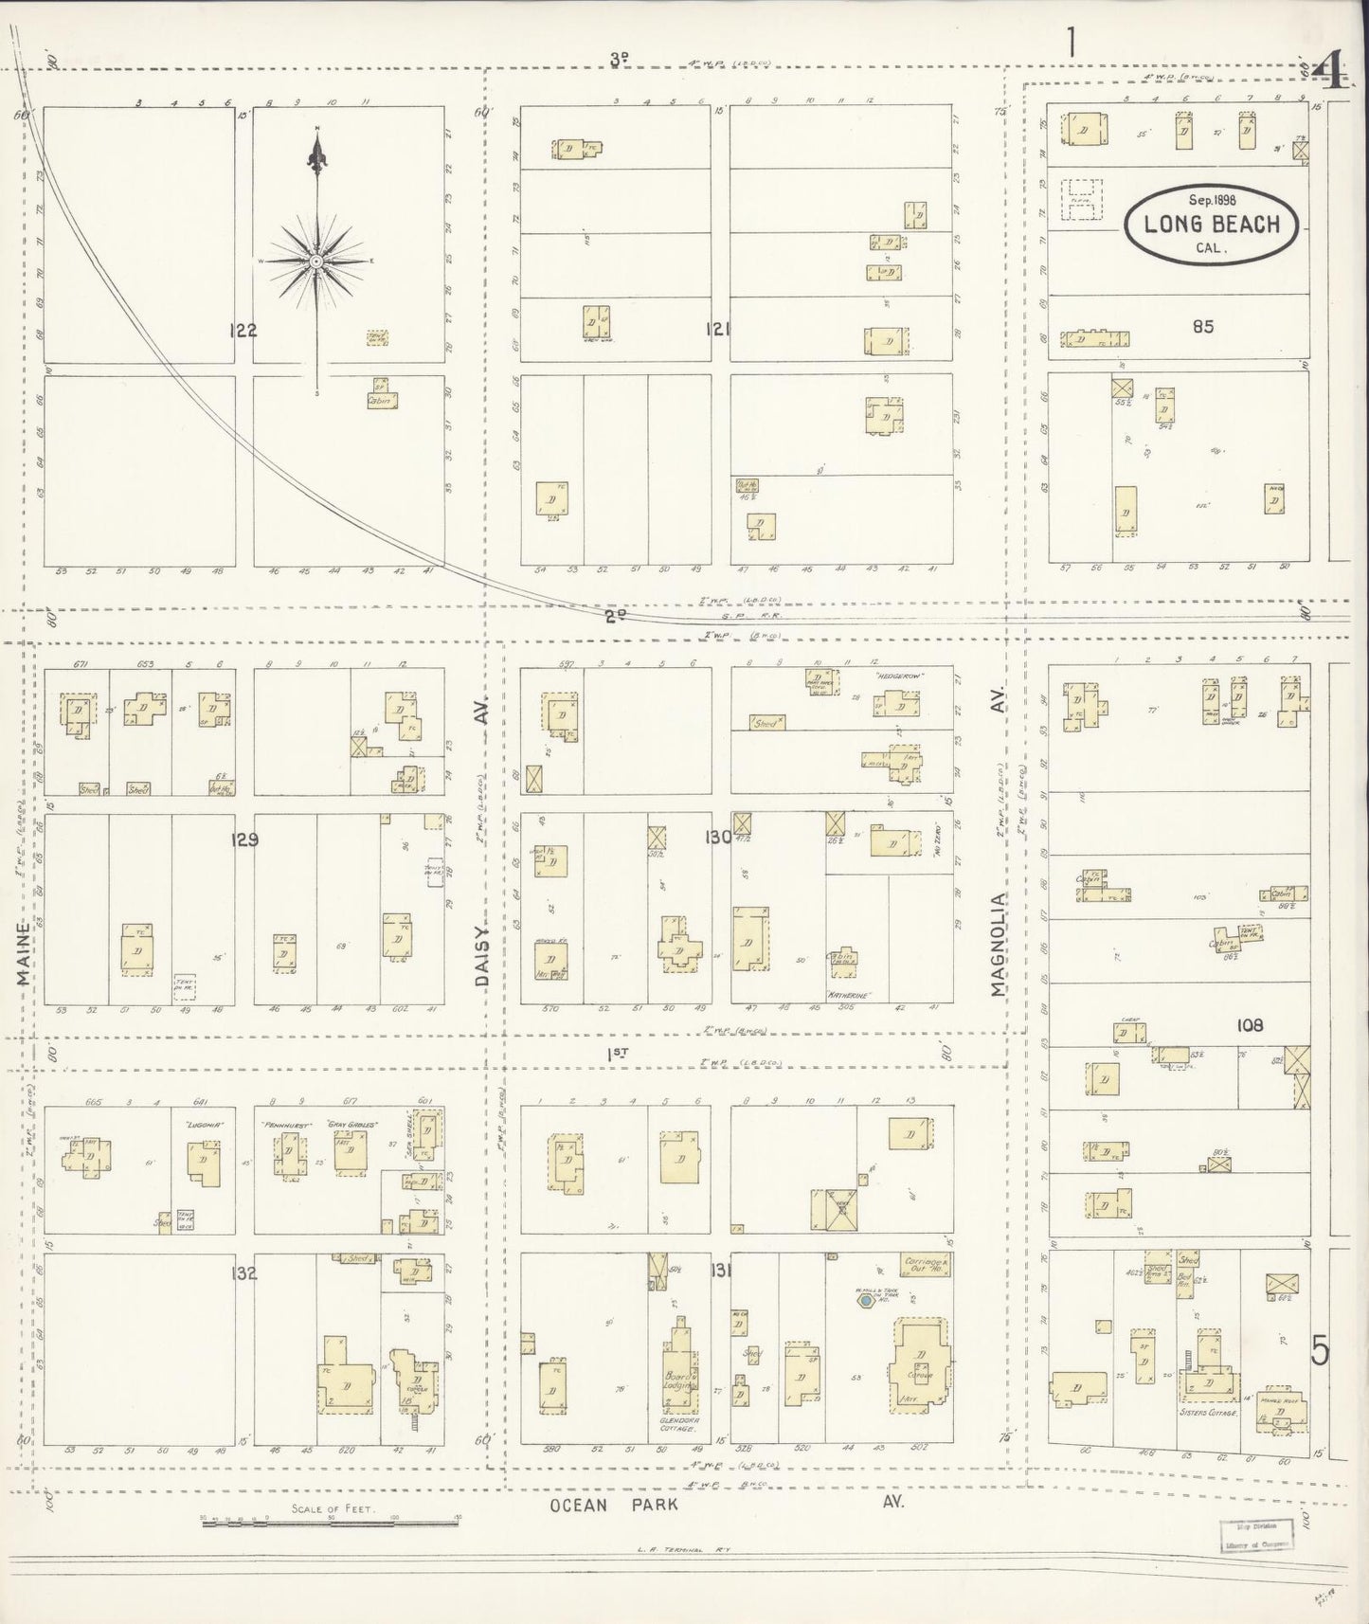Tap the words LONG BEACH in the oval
point(1212,226)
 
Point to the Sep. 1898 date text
point(1212,200)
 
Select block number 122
point(243,331)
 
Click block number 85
point(1203,327)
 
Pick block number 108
point(1251,1025)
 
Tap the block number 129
point(243,839)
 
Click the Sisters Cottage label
point(1210,1413)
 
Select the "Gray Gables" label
point(351,1125)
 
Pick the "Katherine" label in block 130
point(849,995)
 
